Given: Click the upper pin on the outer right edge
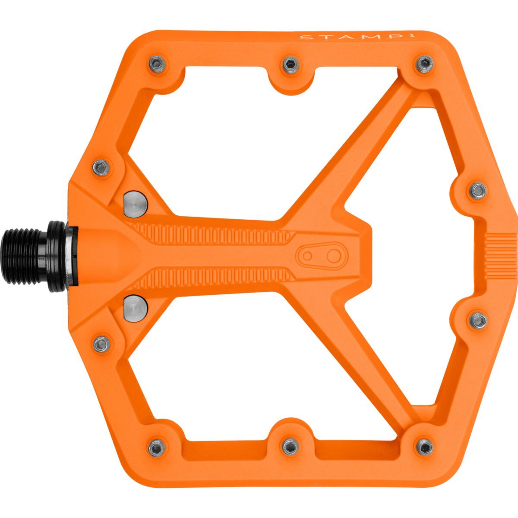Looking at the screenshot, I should [478, 190].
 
